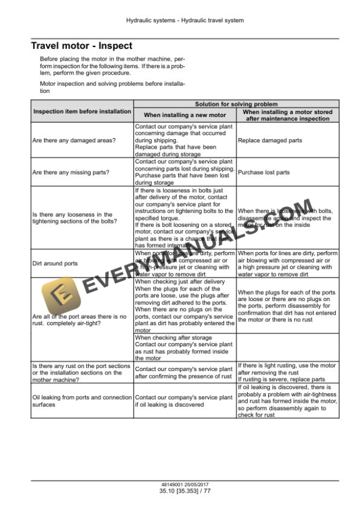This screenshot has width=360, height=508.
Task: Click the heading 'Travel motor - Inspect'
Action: tap(81, 46)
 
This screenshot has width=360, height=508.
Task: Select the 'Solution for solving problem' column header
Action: tap(236, 103)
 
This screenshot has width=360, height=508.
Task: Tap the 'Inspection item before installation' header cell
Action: tap(82, 111)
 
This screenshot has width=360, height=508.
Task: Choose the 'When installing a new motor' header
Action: tap(185, 115)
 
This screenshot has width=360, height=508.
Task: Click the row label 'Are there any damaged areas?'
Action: tap(74, 141)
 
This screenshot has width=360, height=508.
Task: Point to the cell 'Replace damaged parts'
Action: tap(270, 141)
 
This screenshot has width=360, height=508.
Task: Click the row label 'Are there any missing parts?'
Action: tap(72, 172)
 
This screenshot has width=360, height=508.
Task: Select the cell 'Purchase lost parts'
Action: tap(264, 172)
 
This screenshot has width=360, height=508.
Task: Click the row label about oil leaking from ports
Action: tap(82, 402)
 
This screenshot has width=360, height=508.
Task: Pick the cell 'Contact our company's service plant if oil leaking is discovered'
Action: tap(184, 402)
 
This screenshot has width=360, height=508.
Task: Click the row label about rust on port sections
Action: tap(81, 373)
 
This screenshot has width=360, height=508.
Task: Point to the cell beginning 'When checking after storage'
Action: tap(184, 348)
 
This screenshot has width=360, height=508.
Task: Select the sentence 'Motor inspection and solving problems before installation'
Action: tap(112, 88)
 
